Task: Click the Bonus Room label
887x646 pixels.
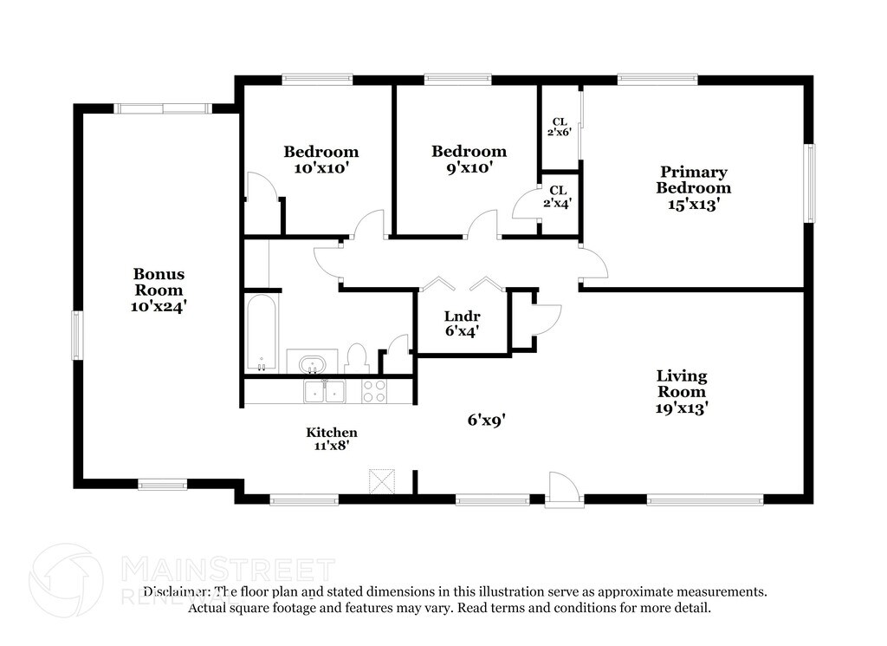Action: pos(159,290)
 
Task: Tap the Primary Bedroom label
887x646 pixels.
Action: pos(693,188)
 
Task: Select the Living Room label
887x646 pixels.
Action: pos(682,392)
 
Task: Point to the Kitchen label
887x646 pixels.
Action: pos(332,439)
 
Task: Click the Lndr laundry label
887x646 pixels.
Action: pos(463,323)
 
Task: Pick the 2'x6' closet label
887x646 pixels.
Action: pos(560,127)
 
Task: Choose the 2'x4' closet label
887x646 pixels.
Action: pos(558,197)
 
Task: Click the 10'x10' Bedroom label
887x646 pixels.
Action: pos(320,160)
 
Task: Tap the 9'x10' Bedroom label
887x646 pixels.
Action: pos(469,159)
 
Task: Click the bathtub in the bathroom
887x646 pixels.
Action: pos(262,334)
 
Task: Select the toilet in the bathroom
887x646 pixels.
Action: pos(357,358)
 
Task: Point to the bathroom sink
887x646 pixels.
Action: pos(311,363)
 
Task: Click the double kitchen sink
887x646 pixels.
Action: pos(325,391)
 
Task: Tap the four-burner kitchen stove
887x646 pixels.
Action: pos(374,391)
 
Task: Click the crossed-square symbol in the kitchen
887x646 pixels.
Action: pos(382,481)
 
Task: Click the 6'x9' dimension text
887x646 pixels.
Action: pos(486,420)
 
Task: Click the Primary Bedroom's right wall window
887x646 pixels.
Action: pos(811,183)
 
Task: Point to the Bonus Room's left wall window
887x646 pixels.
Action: pos(77,336)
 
